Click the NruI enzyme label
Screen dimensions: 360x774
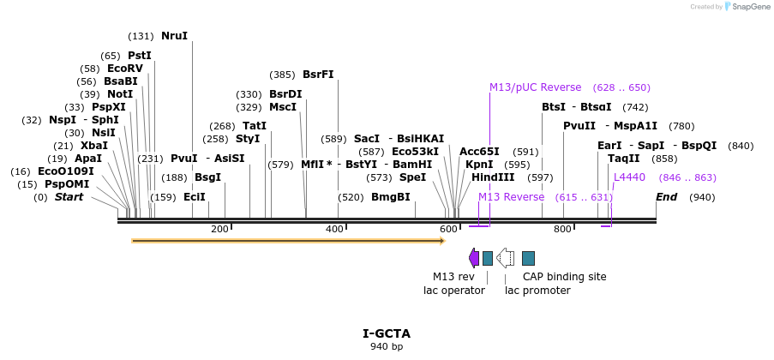click(x=174, y=36)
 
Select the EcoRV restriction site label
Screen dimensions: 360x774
click(x=124, y=69)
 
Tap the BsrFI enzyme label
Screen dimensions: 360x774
click(x=318, y=75)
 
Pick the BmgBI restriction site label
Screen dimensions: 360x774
click(x=390, y=197)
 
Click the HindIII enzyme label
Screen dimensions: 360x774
click(x=493, y=177)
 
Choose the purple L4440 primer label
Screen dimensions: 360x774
click(x=629, y=177)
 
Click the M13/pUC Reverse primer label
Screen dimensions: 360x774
click(x=535, y=87)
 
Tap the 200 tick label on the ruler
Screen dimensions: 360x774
click(x=219, y=229)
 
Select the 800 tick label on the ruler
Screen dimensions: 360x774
click(x=562, y=229)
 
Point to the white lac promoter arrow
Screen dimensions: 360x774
click(x=506, y=258)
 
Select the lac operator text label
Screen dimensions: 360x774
click(x=454, y=291)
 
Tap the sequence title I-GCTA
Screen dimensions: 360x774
click(x=387, y=333)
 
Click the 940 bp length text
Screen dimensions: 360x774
click(x=387, y=346)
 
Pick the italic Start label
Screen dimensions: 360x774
click(x=69, y=197)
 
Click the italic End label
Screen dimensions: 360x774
click(x=667, y=197)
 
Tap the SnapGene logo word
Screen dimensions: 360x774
click(x=750, y=7)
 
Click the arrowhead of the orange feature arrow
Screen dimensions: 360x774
click(x=442, y=241)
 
